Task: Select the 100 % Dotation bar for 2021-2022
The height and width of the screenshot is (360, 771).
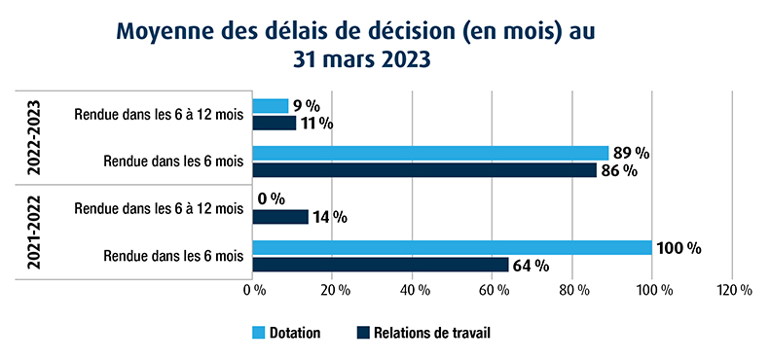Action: (x=452, y=248)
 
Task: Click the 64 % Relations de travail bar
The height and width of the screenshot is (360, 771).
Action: (x=381, y=265)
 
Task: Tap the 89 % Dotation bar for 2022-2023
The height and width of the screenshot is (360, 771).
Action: (x=430, y=153)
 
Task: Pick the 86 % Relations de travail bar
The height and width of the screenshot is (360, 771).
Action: (x=424, y=169)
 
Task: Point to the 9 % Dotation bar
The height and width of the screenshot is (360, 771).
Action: (x=271, y=106)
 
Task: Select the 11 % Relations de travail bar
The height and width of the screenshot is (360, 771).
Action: (x=275, y=123)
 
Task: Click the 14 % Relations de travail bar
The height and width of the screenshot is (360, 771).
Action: (x=280, y=217)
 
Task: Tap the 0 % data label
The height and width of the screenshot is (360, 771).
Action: (x=271, y=199)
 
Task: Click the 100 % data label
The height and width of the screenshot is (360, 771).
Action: (x=679, y=248)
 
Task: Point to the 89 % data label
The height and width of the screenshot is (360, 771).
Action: (x=632, y=153)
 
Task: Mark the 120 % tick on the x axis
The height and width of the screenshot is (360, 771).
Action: (x=733, y=290)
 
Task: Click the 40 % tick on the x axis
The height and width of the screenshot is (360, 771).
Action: (x=414, y=290)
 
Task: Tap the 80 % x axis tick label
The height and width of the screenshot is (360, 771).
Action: (x=573, y=290)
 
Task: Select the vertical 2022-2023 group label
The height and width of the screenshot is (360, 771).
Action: (x=34, y=137)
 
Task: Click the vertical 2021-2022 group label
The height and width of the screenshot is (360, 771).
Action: (x=34, y=232)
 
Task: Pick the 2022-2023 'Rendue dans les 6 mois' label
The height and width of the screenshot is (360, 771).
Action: (x=173, y=161)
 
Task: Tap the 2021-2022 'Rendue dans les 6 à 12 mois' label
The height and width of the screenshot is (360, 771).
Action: (x=159, y=208)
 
